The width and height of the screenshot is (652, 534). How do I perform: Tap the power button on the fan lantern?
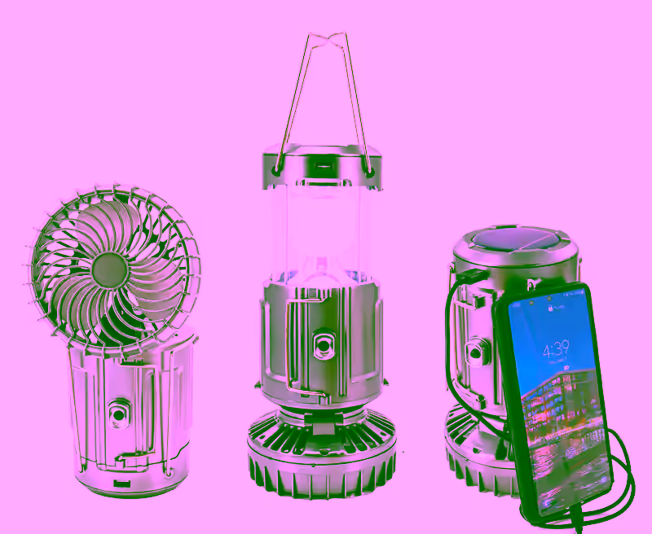pos(119,414)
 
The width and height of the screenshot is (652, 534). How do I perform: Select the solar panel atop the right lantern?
pos(515,243)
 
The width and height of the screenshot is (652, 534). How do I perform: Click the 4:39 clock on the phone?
pos(556,352)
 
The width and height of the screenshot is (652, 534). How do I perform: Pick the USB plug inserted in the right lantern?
pos(466,277)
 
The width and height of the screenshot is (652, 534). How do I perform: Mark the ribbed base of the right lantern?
pos(473,464)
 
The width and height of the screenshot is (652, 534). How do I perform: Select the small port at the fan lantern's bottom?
pos(120,484)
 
